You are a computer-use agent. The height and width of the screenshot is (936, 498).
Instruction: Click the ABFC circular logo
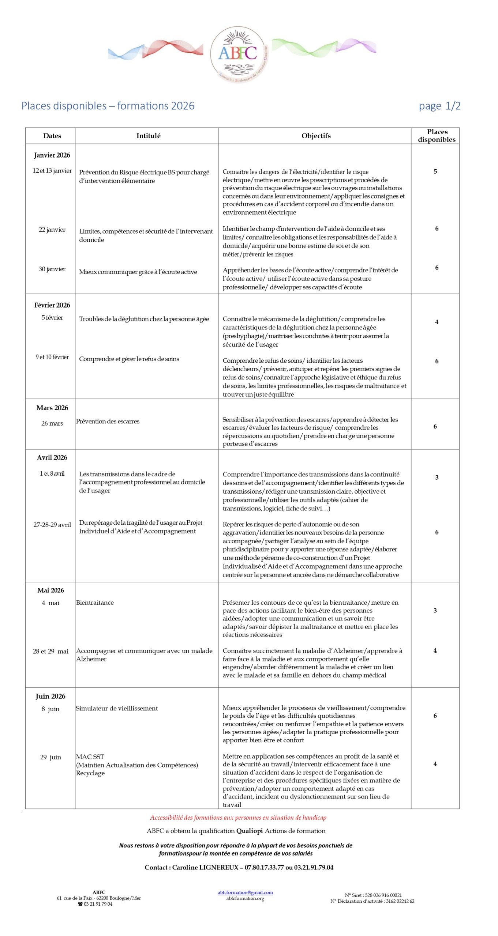pos(239,54)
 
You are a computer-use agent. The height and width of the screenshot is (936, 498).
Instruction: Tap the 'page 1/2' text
pos(439,106)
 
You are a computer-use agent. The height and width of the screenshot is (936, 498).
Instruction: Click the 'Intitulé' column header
pos(148,136)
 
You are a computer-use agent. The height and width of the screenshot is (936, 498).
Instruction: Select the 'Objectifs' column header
pos(316,136)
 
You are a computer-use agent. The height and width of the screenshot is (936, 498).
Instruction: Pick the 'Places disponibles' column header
pos(437,136)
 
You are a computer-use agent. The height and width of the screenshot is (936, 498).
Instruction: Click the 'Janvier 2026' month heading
pos(52,155)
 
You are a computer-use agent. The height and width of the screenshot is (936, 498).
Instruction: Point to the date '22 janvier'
pos(52,230)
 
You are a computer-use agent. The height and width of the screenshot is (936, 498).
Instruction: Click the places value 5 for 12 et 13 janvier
pos(435,171)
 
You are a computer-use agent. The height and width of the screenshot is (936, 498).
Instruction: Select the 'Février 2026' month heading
pos(52,305)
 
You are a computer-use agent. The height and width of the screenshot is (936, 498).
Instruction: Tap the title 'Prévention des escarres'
pos(108,421)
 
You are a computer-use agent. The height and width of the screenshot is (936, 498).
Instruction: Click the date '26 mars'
pos(52,423)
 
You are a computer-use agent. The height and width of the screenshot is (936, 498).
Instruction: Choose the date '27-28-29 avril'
pos(52,525)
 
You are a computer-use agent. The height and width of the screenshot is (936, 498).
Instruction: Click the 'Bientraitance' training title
pos(95,603)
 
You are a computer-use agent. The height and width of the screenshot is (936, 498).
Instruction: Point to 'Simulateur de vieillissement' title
pos(117,708)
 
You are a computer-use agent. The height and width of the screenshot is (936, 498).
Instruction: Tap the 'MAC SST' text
pos(90,756)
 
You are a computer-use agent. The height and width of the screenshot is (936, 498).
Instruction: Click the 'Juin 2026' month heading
pos(50,696)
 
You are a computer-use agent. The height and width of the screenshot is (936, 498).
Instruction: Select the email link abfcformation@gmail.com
pos(245,892)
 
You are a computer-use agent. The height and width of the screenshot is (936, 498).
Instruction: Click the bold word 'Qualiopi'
pos(250,831)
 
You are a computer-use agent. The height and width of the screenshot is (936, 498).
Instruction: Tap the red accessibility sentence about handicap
pos(238,818)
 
